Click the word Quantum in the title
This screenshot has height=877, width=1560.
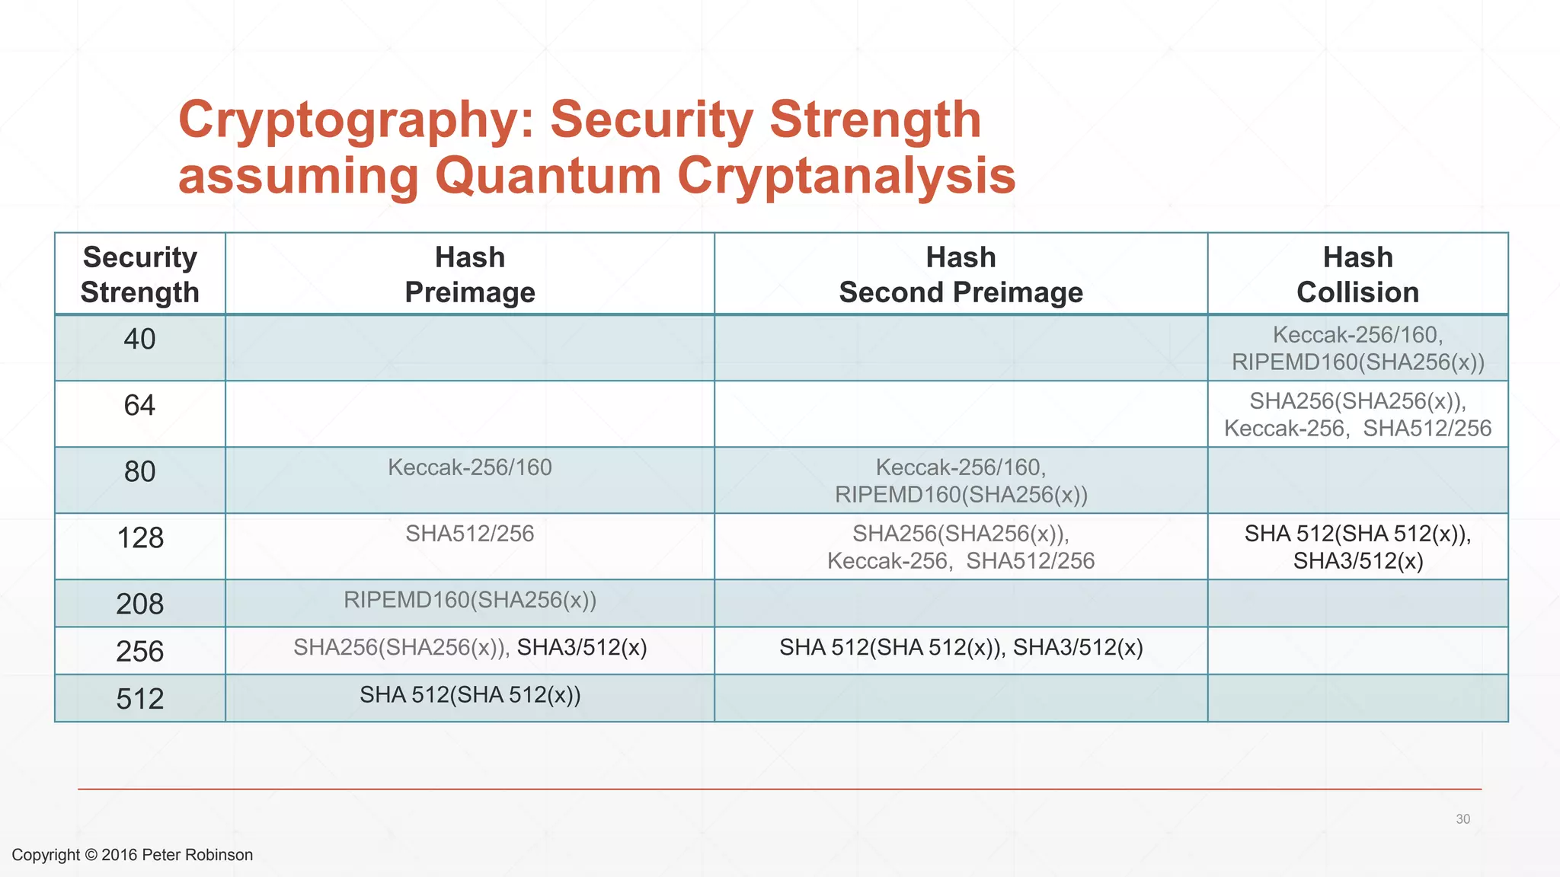click(548, 176)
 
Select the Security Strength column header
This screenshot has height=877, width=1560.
click(140, 275)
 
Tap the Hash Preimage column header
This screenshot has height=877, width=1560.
click(470, 275)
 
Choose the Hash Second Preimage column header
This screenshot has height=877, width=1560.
click(961, 275)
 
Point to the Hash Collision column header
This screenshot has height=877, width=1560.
click(1357, 275)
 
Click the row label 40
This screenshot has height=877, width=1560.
click(140, 340)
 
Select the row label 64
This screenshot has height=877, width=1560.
click(140, 406)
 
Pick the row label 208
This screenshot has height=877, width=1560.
click(140, 604)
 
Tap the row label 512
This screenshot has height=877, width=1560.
click(140, 699)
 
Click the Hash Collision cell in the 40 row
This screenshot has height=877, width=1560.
click(1357, 349)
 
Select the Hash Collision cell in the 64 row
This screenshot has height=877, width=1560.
click(1357, 415)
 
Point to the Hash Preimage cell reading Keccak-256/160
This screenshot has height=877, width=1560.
click(470, 467)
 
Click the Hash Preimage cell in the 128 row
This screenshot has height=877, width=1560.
click(470, 534)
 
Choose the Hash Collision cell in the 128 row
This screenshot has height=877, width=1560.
click(1357, 547)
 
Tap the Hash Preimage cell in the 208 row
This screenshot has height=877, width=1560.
click(470, 601)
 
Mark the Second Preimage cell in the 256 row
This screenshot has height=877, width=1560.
click(961, 648)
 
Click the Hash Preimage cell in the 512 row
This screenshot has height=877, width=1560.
click(470, 695)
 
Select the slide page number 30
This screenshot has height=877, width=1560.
click(1462, 819)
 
